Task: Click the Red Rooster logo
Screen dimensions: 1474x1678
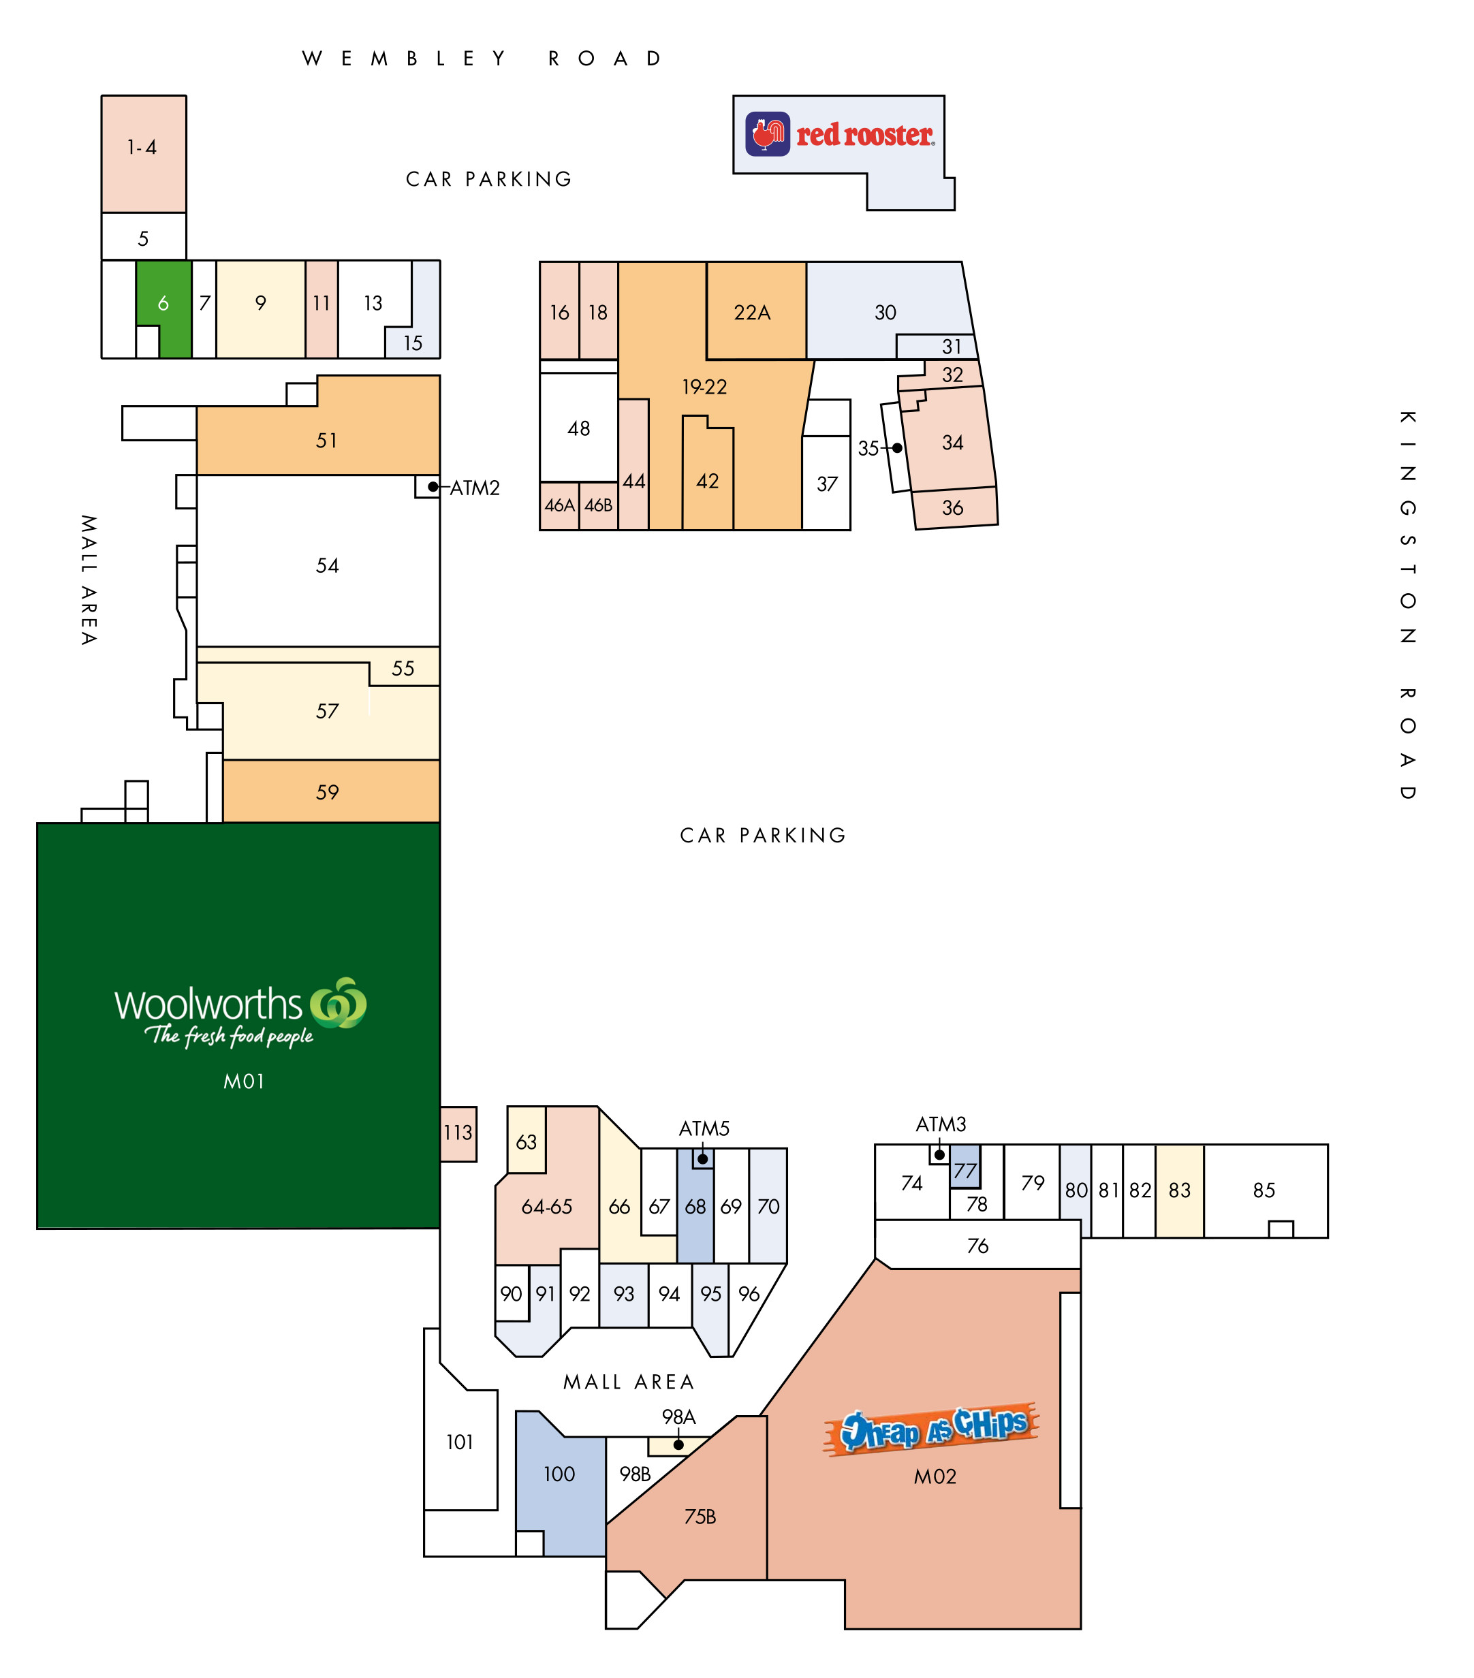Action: click(839, 133)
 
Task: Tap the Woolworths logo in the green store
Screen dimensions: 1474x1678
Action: click(240, 1012)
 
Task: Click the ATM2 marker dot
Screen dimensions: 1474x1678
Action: click(433, 487)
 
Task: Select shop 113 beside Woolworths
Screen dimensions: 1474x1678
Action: click(458, 1134)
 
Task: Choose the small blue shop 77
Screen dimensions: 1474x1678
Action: click(965, 1167)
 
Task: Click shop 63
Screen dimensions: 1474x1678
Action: click(527, 1140)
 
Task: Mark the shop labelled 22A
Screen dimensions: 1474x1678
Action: click(755, 311)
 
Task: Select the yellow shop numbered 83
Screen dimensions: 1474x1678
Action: click(1179, 1190)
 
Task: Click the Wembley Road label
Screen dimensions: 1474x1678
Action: click(482, 59)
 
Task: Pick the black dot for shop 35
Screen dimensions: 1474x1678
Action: click(898, 448)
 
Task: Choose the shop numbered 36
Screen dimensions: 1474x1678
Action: click(956, 508)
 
